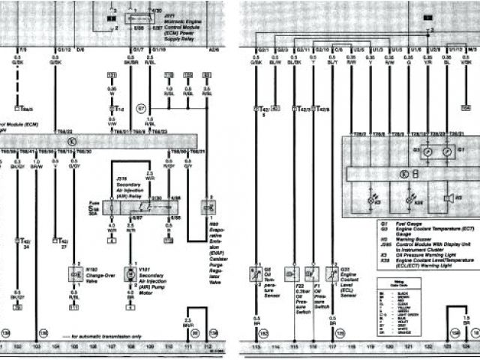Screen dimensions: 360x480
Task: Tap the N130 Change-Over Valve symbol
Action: point(75,275)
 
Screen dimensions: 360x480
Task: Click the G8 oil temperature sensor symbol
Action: point(256,275)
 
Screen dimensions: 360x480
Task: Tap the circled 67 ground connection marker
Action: point(140,109)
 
